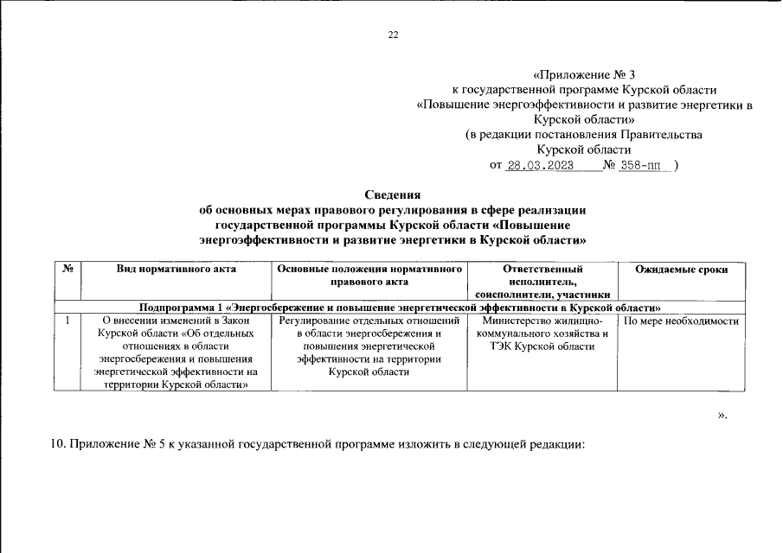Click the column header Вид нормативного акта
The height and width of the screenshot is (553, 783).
click(176, 270)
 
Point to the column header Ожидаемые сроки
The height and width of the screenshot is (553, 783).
click(681, 270)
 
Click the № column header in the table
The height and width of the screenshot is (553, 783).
click(67, 270)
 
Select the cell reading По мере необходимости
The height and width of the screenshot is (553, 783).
click(681, 321)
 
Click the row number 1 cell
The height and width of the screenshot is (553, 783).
click(67, 321)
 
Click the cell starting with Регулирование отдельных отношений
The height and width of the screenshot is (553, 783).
click(369, 346)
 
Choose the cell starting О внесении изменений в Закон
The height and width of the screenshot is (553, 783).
click(176, 353)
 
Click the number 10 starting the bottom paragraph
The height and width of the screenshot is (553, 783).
click(58, 445)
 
